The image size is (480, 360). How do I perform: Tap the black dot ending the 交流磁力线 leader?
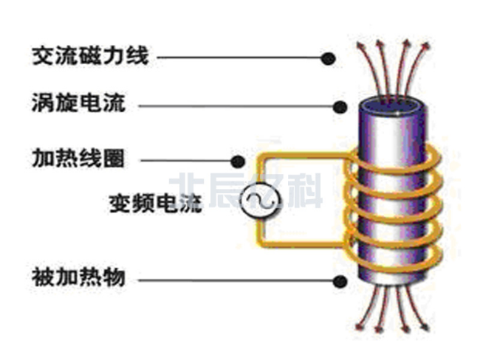[x=329, y=57]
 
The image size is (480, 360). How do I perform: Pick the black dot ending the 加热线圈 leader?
[x=238, y=159]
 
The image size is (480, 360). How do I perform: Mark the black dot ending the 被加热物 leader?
[x=340, y=280]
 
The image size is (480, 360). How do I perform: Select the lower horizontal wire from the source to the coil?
[x=303, y=245]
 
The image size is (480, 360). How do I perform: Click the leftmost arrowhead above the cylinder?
[x=360, y=47]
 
